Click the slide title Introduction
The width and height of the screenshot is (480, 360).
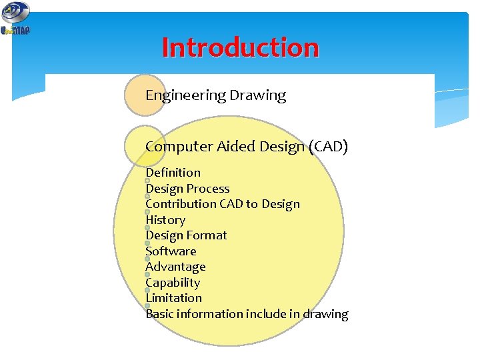[240, 48]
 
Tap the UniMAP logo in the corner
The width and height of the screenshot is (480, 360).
[15, 19]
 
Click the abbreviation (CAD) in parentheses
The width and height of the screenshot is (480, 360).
[329, 147]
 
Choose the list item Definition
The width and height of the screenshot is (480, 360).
[173, 173]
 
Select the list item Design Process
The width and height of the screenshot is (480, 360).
[187, 189]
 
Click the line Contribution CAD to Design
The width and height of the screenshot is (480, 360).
[223, 204]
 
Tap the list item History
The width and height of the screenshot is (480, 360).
[165, 220]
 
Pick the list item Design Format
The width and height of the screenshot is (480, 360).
[186, 235]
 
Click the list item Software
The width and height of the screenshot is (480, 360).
[171, 251]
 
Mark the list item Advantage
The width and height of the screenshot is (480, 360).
[175, 267]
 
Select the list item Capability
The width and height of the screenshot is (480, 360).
[173, 283]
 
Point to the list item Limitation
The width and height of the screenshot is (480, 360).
[173, 298]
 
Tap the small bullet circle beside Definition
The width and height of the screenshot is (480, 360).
[147, 181]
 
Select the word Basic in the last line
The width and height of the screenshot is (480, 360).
[160, 314]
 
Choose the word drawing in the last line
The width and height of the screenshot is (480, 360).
[325, 314]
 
